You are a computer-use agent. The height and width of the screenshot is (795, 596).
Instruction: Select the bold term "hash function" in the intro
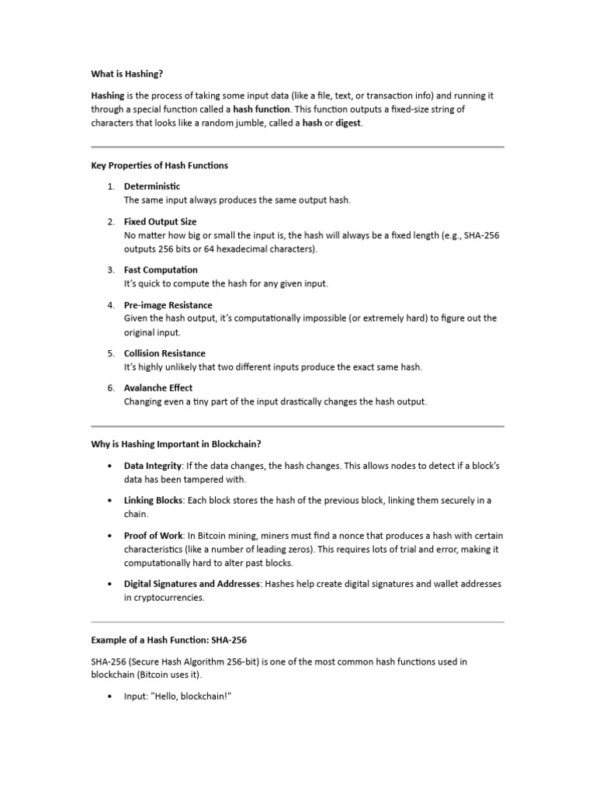pos(262,109)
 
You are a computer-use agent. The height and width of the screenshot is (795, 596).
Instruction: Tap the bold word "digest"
pos(348,123)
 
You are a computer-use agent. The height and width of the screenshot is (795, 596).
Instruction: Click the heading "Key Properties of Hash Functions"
pos(160,165)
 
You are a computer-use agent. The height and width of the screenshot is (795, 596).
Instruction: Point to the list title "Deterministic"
pos(152,186)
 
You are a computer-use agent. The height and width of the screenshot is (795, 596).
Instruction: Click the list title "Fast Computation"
pos(161,270)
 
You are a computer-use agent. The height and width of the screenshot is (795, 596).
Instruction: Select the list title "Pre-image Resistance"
pos(168,305)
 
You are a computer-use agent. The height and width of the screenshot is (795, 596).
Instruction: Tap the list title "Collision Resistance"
pos(165,353)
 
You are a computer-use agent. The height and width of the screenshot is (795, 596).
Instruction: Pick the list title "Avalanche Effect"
pos(158,387)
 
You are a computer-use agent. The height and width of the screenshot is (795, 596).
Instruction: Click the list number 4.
pos(111,305)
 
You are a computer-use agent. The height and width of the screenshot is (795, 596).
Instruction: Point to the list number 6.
pos(111,387)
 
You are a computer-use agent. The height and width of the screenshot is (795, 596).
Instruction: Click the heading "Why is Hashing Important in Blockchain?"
pos(176,444)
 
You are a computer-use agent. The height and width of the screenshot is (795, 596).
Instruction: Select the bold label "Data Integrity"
pos(153,466)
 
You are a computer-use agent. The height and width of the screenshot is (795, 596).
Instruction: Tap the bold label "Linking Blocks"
pos(154,501)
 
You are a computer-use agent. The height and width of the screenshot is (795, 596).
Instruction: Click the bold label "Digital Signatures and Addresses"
pos(192,584)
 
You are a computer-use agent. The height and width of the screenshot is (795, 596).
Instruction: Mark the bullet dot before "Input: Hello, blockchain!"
pos(109,696)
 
